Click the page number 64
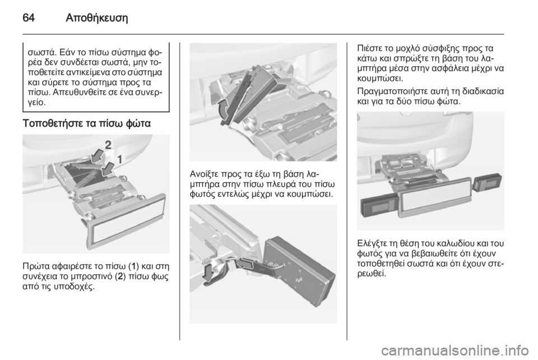(x=29, y=17)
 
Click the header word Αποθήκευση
(x=96, y=18)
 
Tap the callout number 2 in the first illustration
(x=108, y=145)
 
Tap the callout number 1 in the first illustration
(x=120, y=159)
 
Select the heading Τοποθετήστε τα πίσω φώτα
(x=87, y=123)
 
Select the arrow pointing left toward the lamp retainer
(x=247, y=263)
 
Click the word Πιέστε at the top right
(x=369, y=48)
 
